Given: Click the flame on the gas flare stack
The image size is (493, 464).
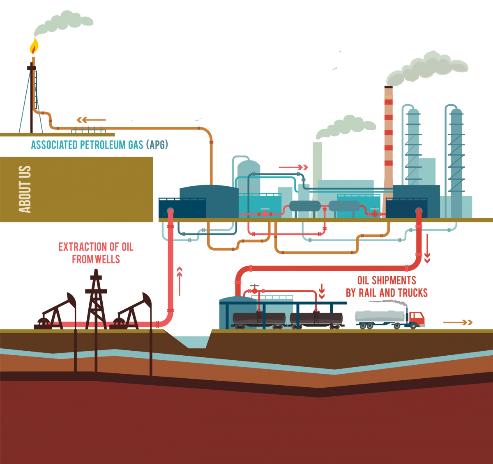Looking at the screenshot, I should (x=34, y=46).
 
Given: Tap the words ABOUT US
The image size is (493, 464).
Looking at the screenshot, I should (x=25, y=189).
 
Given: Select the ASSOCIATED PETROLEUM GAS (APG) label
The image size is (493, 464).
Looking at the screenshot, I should (x=99, y=145).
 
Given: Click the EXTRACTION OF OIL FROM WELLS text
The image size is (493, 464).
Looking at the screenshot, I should (x=96, y=253).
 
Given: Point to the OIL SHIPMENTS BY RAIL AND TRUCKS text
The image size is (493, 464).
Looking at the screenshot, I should (x=387, y=286).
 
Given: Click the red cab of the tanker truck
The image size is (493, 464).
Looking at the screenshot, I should (x=416, y=318).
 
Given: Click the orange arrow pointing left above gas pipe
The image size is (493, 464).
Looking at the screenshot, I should (x=91, y=120).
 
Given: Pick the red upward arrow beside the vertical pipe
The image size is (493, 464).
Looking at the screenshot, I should (x=179, y=281).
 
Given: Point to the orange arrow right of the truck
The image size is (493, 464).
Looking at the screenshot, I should (x=458, y=322).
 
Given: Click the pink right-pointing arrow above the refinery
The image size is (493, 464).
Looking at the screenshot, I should (x=293, y=167).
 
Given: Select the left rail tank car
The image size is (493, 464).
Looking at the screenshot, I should (x=259, y=318).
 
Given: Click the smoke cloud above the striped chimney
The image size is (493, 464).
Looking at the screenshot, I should (x=427, y=68).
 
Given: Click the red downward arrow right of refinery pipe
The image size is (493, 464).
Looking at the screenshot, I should (x=427, y=248).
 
